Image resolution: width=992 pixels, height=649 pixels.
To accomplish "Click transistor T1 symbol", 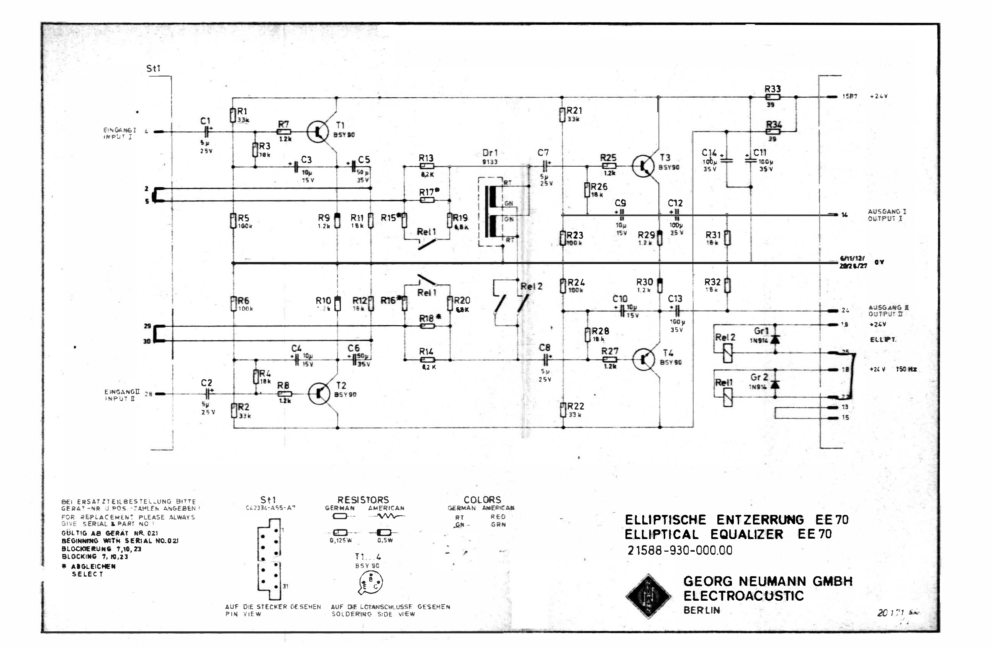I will (x=318, y=132).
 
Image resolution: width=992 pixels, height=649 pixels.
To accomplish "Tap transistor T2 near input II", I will (x=320, y=393).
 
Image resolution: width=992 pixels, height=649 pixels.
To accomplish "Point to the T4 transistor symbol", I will (x=644, y=359).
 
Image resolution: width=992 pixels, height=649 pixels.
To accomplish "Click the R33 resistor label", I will (x=772, y=89).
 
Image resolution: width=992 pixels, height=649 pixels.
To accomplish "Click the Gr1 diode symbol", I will (x=775, y=339).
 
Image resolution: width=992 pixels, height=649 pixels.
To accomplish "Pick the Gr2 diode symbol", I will (x=775, y=384).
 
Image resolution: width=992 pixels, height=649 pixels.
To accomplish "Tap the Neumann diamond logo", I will (x=648, y=596).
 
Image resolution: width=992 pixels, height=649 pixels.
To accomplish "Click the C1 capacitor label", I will (x=205, y=121).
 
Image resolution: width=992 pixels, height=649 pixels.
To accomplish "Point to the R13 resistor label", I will (x=426, y=158).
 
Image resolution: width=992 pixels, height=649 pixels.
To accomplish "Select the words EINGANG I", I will (x=113, y=129).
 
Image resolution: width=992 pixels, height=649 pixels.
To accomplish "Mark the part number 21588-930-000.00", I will (x=679, y=551).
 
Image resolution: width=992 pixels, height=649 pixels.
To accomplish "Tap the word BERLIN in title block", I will (x=702, y=610).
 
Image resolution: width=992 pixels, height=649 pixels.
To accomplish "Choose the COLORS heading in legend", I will (x=482, y=499).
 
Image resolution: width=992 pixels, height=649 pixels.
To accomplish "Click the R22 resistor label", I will (x=575, y=406).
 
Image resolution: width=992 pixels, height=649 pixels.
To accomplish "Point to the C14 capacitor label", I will (x=709, y=153).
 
